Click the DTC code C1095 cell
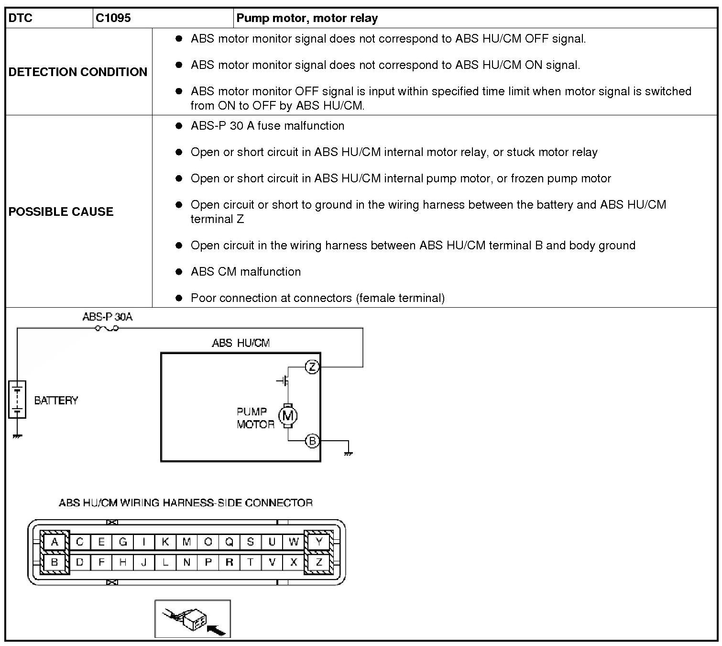coord(113,18)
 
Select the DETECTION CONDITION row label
coord(78,72)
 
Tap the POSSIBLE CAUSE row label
coord(61,212)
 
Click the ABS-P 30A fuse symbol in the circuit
coord(107,328)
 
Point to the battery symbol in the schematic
coord(17,400)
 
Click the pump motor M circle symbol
coord(288,416)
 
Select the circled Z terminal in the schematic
coord(312,367)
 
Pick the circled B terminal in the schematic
coord(312,441)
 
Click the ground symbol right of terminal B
coord(348,452)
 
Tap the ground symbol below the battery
coord(17,436)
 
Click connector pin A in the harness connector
coord(55,542)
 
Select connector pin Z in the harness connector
coord(319,562)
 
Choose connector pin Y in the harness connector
coord(319,542)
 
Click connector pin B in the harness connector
coord(55,562)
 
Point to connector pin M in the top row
coord(186,542)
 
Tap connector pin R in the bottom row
coord(229,562)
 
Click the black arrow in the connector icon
coord(217,631)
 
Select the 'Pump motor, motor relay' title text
coord(307,18)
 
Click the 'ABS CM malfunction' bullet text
coord(246,272)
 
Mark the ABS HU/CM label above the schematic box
coord(241,343)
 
